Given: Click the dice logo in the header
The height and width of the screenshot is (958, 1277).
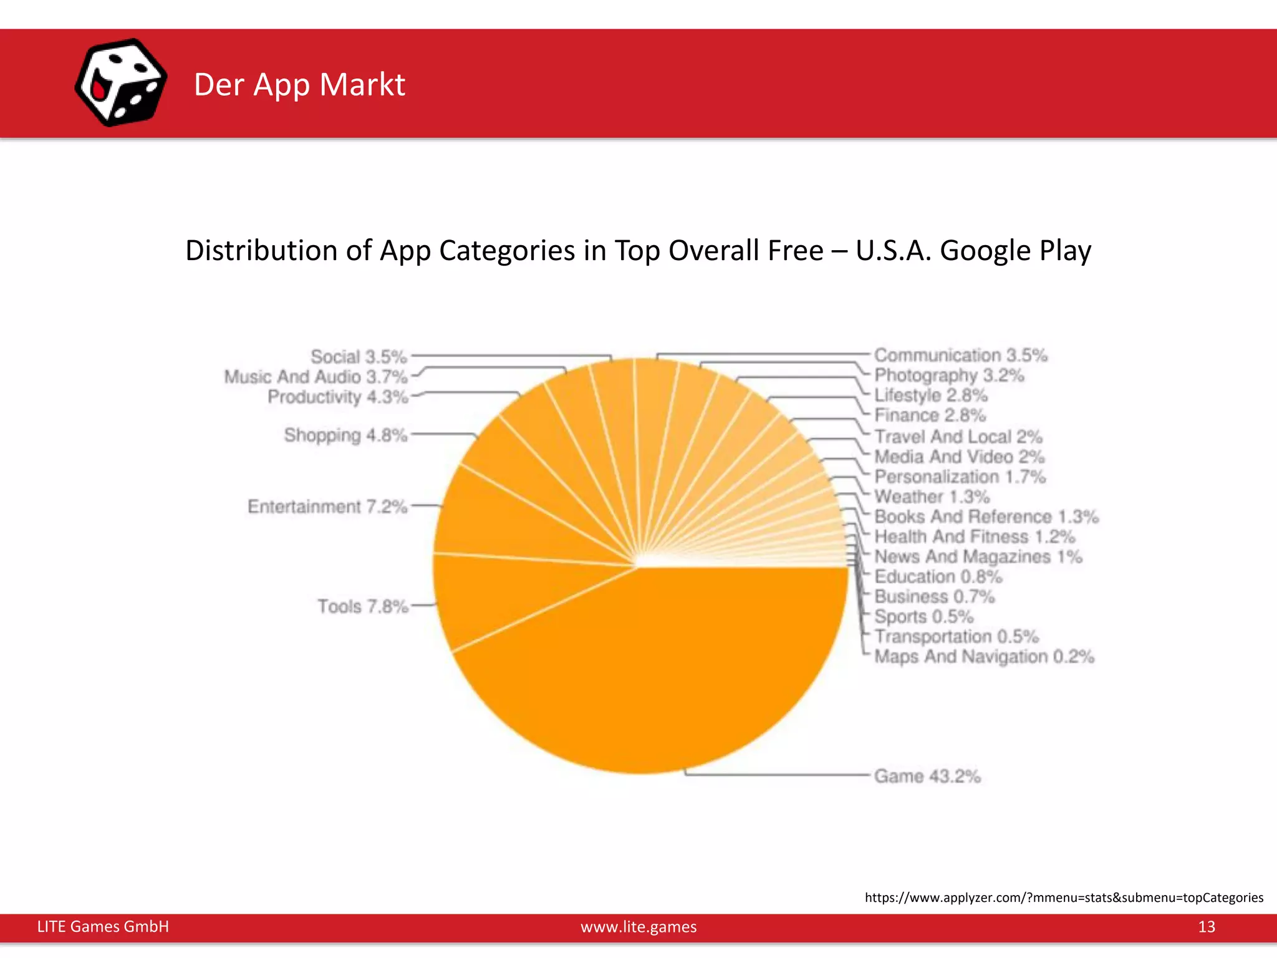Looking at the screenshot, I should point(121,82).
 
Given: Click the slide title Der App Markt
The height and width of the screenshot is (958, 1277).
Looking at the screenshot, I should point(299,85).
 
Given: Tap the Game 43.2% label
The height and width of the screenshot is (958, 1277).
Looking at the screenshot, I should point(927,777).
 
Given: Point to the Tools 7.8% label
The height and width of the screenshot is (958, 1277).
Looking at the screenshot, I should point(362,606).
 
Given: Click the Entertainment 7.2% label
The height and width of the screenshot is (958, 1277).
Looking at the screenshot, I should point(327,506).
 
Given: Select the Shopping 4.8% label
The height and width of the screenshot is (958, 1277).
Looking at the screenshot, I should point(345,435).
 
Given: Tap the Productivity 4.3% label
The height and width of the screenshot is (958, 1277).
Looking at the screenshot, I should point(337,397).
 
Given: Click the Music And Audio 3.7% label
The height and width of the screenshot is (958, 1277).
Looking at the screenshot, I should point(316,377).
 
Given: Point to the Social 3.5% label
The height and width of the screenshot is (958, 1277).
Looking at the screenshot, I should point(359,357).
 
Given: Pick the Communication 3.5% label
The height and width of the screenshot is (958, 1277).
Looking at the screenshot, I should point(960,355).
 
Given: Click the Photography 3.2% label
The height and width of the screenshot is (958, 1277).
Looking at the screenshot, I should point(949,375).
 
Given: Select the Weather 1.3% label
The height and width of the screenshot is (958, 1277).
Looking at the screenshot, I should point(932,497).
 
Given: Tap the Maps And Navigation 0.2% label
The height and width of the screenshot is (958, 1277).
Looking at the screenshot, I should point(984,657).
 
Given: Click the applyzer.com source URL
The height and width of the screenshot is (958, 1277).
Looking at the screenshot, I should point(1064,898).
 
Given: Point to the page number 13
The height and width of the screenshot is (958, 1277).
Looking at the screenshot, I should point(1206,927).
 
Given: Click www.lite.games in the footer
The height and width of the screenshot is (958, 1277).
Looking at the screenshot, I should point(638,927).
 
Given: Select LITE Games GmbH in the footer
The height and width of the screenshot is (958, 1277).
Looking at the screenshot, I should point(103,927).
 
